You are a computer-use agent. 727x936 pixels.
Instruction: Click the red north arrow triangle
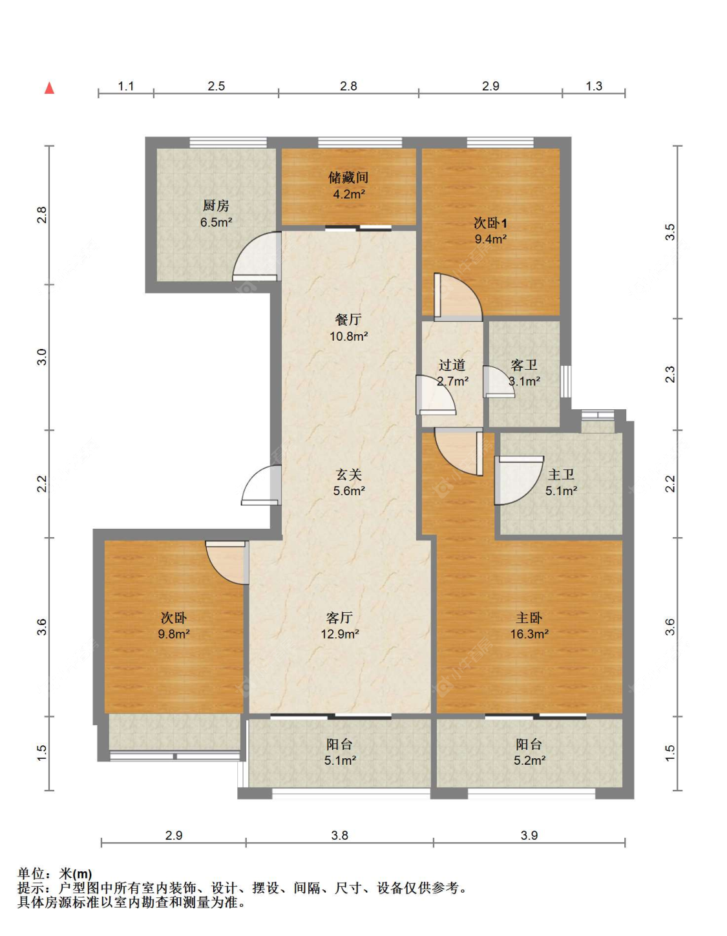point(50,88)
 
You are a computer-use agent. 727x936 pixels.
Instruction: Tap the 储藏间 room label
point(348,177)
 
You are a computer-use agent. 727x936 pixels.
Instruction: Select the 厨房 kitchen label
point(216,206)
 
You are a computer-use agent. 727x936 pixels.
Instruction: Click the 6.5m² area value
point(216,223)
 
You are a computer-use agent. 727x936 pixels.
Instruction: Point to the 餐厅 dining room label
point(348,319)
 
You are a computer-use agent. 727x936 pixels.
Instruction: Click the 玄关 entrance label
point(348,474)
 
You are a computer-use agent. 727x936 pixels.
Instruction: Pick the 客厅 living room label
point(340,618)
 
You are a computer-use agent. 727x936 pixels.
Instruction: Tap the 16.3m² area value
point(529,634)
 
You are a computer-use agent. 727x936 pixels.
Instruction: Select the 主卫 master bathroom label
point(561,474)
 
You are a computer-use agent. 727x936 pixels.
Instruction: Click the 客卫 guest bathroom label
point(524,365)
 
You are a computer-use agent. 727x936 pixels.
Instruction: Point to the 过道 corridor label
point(452,365)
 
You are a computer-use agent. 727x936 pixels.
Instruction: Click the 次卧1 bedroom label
point(490,223)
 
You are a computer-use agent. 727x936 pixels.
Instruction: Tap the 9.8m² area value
point(173,634)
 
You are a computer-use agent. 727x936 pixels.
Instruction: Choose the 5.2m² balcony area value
point(529,761)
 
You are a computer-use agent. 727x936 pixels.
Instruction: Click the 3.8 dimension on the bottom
point(340,836)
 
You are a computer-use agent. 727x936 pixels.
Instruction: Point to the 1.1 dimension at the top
point(125,86)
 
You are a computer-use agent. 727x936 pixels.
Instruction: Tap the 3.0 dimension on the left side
point(42,357)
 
